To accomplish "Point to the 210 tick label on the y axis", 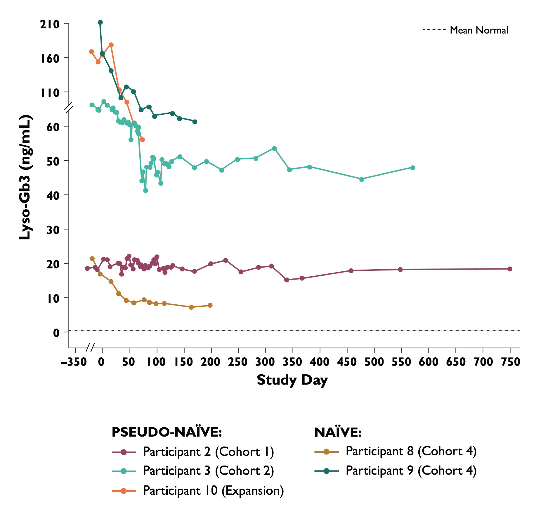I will (50, 24).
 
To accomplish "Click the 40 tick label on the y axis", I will (53, 195).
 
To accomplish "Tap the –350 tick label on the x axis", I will (74, 362).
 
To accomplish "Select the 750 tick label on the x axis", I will (510, 362).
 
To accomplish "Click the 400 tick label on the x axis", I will (320, 362).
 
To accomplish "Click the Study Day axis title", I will (292, 380).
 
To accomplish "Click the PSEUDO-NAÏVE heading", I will (167, 432).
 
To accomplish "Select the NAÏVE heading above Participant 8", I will (338, 432).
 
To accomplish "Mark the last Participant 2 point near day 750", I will (510, 269).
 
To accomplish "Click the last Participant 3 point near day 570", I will (413, 168).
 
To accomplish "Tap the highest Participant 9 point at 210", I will (100, 23).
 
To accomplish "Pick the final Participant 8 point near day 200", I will (210, 305).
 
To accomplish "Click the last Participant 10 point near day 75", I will (142, 140).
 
